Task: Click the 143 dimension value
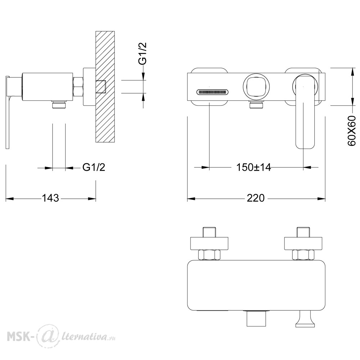50,198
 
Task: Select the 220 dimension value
256,198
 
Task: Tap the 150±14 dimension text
253,167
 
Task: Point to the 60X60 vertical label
351,131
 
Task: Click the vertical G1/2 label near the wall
142,53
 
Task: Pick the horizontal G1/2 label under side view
94,167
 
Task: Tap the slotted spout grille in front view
212,92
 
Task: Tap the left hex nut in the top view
209,255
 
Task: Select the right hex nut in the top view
303,255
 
